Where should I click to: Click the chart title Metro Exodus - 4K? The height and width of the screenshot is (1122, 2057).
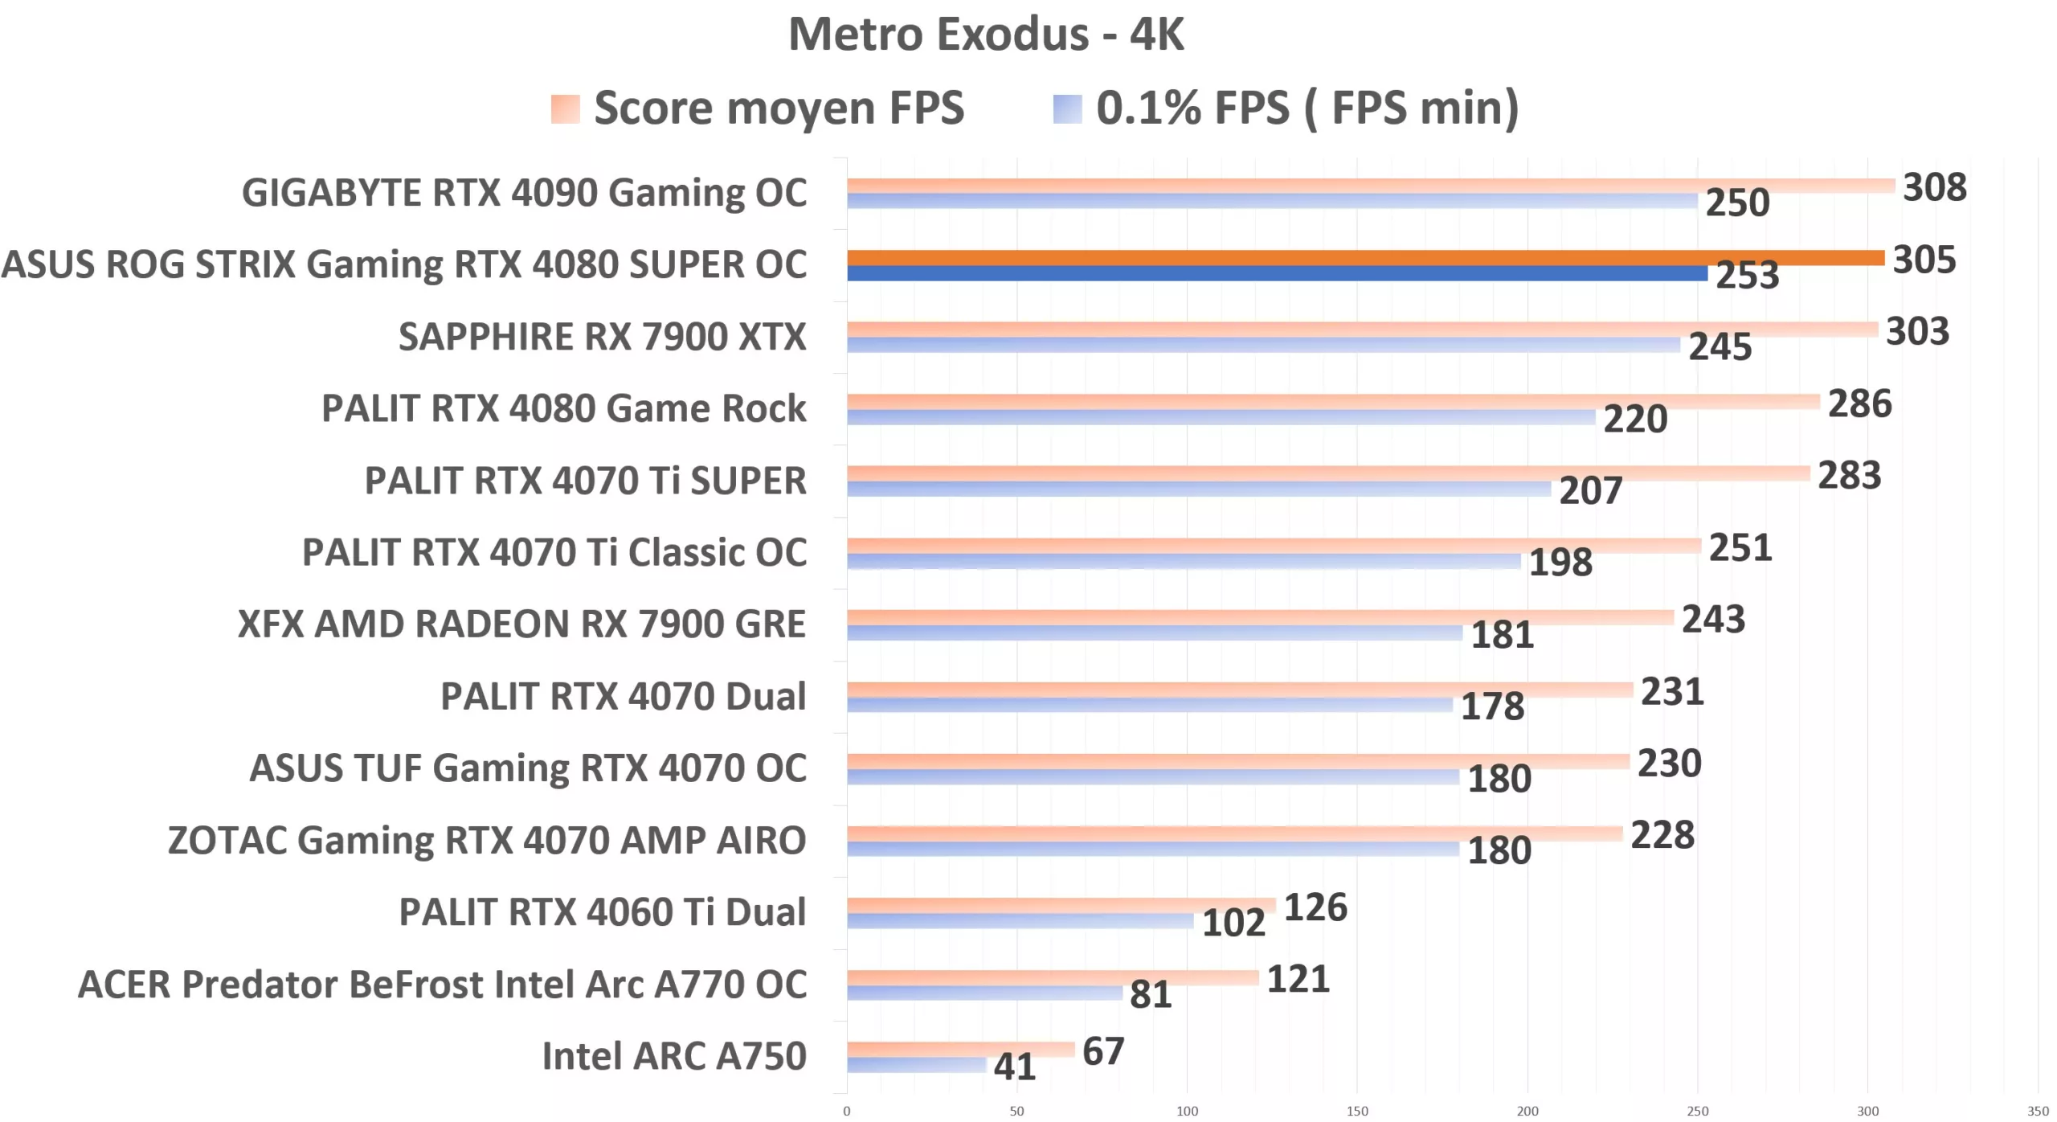coord(986,35)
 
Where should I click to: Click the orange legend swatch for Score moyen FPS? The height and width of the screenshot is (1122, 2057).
coord(565,109)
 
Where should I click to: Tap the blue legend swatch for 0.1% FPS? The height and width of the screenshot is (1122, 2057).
coord(1067,109)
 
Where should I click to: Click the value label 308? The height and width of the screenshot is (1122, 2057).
coord(1934,187)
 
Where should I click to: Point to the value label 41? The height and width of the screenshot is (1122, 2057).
coord(1014,1067)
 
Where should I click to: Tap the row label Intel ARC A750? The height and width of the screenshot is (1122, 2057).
coord(673,1056)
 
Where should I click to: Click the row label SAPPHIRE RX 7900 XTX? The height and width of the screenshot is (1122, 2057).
coord(602,337)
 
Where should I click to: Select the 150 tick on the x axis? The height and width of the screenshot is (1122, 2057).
coord(1357,1111)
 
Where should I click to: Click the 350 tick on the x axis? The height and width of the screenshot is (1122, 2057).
coord(2038,1111)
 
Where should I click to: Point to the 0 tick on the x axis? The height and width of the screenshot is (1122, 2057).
coord(846,1111)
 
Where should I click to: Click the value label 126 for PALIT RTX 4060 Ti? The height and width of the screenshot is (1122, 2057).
coord(1315,907)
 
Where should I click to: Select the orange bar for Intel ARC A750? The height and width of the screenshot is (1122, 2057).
coord(960,1049)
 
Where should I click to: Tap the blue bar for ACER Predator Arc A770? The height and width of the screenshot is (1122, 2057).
coord(984,993)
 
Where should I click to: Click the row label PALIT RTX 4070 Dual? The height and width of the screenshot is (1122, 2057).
coord(623,697)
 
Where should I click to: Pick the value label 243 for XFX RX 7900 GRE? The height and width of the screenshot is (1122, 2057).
coord(1713,620)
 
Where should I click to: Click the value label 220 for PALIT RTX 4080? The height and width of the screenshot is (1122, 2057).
coord(1635,420)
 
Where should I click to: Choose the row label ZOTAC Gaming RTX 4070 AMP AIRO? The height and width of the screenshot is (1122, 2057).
coord(486,841)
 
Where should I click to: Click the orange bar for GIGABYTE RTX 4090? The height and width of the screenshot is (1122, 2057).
coord(1370,186)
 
